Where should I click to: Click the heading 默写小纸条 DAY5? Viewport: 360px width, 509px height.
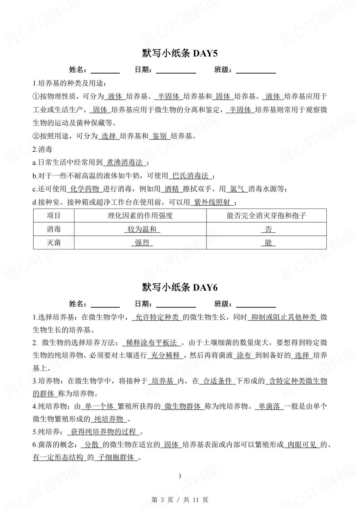point(180,54)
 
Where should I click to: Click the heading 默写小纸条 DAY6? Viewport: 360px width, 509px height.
point(180,288)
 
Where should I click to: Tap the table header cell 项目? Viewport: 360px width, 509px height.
point(54,216)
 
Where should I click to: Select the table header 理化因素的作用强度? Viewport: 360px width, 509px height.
point(140,216)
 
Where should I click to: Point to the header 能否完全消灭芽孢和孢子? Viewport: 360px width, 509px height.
point(266,216)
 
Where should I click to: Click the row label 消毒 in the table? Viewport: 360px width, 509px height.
point(54,229)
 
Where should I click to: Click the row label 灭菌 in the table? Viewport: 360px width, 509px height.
point(54,243)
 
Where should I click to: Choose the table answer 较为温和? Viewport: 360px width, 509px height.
point(142,229)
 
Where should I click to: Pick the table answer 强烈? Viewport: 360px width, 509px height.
point(142,243)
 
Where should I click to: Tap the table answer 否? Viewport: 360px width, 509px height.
point(268,229)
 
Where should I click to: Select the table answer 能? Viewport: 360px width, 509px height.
point(268,243)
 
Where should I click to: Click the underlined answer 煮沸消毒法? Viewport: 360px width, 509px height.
point(125,162)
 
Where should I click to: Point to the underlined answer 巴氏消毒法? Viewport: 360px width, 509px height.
point(191,176)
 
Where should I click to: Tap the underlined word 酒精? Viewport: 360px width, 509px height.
point(172,189)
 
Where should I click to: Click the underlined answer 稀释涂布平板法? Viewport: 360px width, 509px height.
point(152,343)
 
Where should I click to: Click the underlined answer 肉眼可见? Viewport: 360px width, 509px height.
point(302,445)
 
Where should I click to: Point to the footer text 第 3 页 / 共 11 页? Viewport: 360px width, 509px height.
point(180,500)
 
